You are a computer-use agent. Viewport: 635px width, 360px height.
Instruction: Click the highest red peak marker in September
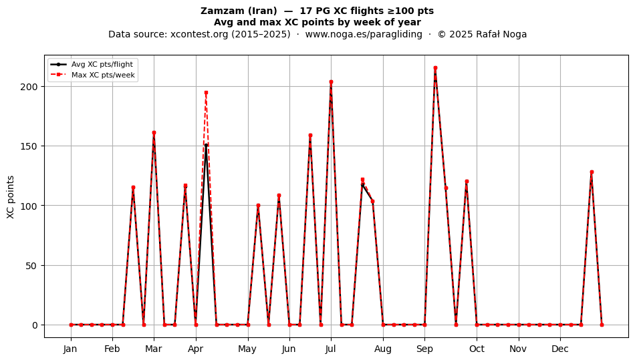click(435, 68)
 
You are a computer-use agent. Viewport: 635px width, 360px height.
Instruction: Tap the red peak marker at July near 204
click(331, 82)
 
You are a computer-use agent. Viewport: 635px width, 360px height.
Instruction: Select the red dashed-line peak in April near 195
click(206, 93)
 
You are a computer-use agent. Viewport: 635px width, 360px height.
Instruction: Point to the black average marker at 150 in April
click(206, 146)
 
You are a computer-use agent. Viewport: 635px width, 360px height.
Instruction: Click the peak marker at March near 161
click(154, 133)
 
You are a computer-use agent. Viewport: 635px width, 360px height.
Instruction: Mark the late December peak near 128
click(592, 172)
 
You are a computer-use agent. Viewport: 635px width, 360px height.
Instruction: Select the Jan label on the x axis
click(70, 349)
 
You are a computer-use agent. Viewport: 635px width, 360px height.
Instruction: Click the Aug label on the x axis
click(383, 349)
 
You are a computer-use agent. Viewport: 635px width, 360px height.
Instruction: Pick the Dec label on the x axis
click(560, 349)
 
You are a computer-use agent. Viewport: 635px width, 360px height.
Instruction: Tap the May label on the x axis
click(247, 349)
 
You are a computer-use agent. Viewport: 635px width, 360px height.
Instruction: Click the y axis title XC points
click(11, 197)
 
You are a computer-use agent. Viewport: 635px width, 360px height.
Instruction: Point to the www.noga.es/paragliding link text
click(364, 34)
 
